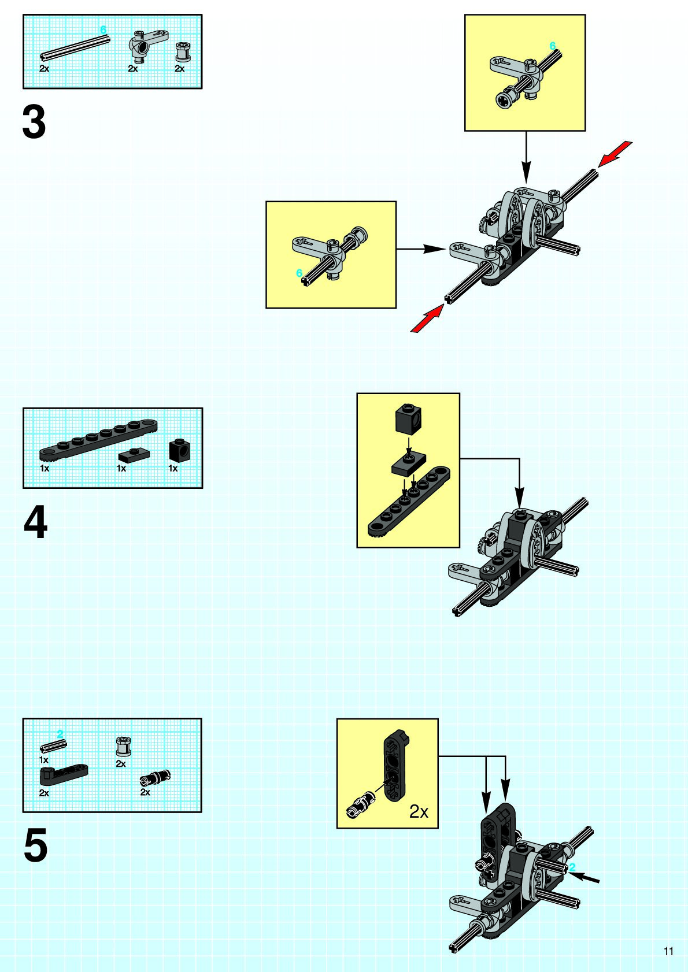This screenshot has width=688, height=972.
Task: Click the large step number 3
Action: [x=34, y=122]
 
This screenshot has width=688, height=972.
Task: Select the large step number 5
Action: [x=35, y=846]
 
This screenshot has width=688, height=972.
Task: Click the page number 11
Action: [x=668, y=951]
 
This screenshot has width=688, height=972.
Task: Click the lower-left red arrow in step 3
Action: [x=427, y=319]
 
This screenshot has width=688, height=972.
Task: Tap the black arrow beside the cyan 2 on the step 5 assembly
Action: [x=589, y=878]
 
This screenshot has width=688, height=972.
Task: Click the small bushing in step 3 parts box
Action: [x=183, y=52]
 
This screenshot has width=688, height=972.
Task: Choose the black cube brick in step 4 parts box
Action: [x=180, y=450]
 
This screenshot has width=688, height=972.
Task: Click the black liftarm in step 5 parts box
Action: [x=63, y=773]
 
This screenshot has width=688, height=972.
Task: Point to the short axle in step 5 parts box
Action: [x=53, y=746]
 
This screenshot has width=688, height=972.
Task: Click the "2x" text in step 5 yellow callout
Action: [x=419, y=811]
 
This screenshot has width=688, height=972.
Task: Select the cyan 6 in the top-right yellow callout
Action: [x=552, y=46]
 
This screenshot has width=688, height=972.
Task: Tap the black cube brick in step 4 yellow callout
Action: [x=408, y=417]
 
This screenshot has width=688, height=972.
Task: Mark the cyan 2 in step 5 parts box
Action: [x=60, y=734]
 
